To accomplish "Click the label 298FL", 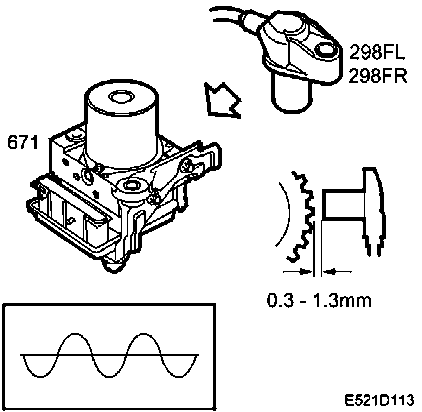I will tap(377, 54).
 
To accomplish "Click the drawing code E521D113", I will tap(378, 400).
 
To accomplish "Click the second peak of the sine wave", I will tap(144, 334).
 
